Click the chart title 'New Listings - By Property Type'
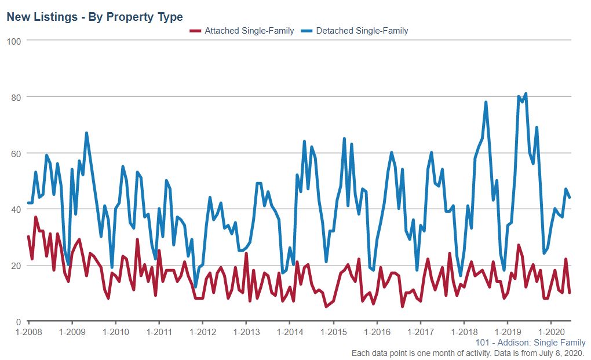[x=94, y=17]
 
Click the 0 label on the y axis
[x=18, y=322]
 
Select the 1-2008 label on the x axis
[x=28, y=332]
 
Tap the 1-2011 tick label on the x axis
[x=159, y=332]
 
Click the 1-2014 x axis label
[x=289, y=332]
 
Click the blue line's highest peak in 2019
[x=525, y=93]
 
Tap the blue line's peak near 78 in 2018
[x=486, y=102]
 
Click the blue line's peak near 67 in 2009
[x=86, y=133]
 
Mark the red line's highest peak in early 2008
[x=36, y=217]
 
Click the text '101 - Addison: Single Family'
[x=530, y=343]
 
